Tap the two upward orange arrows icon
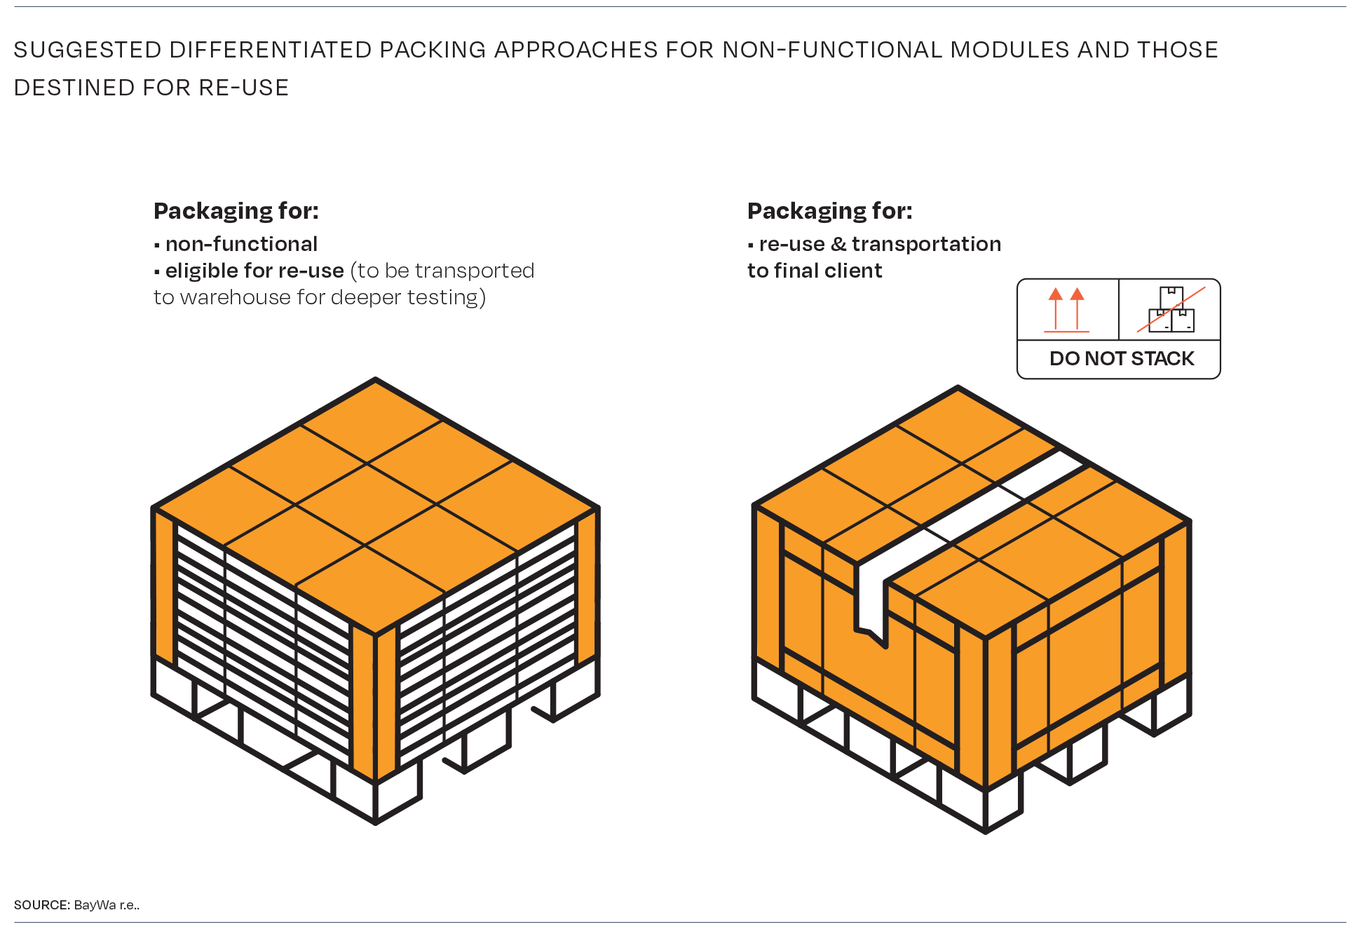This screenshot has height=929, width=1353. point(1066,309)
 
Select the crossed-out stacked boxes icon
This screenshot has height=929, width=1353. point(1171,309)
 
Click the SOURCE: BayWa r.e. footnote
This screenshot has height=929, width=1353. point(76,904)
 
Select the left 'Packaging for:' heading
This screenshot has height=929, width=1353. point(236,210)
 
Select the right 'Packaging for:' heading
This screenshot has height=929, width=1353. point(829,210)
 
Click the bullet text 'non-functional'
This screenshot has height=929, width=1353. point(241,244)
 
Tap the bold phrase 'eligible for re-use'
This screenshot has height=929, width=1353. point(254,271)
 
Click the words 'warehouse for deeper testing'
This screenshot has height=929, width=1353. point(332,297)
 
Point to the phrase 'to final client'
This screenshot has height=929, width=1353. point(814,271)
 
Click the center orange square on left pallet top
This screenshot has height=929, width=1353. point(365,503)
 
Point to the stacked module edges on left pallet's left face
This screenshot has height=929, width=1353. point(259,652)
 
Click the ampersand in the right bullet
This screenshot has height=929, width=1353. point(838,244)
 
